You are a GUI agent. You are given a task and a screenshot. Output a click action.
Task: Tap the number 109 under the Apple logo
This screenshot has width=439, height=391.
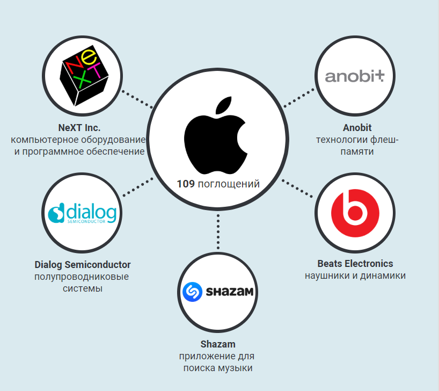[186, 184]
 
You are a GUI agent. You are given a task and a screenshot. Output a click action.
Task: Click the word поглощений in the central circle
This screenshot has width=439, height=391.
[229, 184]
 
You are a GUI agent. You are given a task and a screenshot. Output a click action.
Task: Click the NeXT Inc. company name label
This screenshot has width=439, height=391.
[79, 128]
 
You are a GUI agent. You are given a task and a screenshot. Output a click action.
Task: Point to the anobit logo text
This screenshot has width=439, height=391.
[355, 76]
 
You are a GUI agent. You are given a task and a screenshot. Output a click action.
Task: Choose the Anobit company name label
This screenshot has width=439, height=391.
[357, 128]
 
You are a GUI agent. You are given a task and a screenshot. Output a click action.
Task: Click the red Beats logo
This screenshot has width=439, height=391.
[355, 210]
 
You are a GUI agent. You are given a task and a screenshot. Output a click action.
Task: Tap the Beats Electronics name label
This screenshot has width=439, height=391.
[355, 264]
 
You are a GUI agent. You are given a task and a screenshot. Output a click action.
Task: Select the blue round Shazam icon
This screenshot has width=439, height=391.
[192, 293]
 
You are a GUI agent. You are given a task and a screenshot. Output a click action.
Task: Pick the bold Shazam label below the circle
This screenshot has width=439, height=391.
[217, 344]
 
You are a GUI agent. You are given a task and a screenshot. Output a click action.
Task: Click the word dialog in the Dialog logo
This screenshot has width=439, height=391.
[91, 213]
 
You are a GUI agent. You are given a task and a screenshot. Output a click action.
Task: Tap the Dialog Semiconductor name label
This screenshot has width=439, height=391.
[83, 265]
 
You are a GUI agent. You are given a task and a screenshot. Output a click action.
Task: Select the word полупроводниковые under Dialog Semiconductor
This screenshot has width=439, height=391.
[82, 277]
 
